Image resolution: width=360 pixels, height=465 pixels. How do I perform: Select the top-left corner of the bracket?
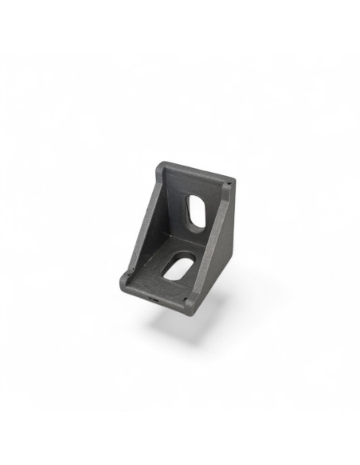[159, 166]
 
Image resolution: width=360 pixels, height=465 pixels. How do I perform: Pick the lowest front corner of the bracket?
[189, 311]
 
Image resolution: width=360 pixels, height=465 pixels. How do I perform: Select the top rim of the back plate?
[195, 172]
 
